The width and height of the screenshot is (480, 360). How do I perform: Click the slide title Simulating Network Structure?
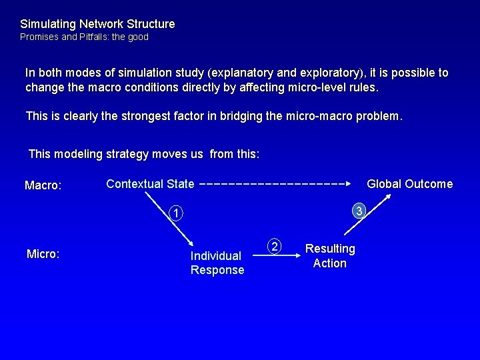point(97,24)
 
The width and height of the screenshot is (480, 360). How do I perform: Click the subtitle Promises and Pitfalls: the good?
point(84,37)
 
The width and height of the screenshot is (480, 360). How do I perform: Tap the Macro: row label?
point(43,185)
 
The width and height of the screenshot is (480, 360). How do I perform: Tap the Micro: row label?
point(42,253)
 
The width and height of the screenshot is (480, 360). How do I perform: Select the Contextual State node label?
point(150,183)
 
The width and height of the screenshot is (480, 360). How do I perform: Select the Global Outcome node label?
point(409,184)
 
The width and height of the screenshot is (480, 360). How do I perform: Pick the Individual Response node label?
point(217,263)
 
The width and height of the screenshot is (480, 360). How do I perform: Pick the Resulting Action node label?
point(330,256)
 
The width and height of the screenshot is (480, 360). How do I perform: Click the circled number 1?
point(175,214)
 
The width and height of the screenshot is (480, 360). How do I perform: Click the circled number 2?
point(275,246)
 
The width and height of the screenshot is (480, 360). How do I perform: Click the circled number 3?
point(358,211)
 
